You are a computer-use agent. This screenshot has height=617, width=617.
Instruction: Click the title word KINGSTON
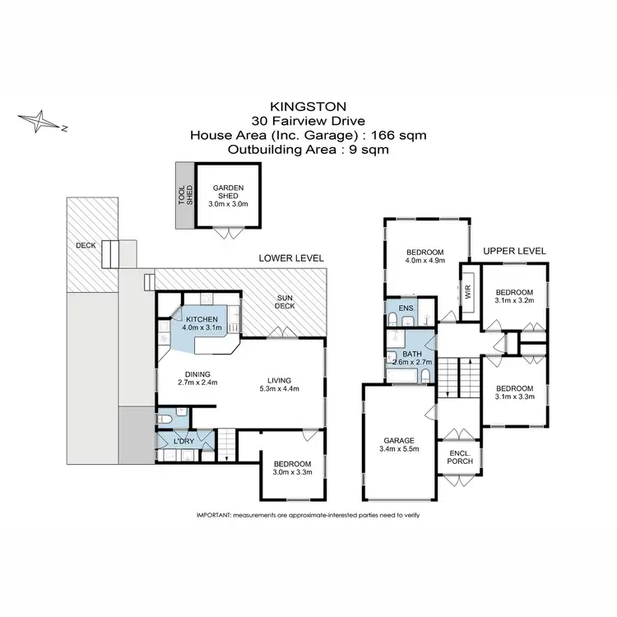pyautogui.click(x=308, y=106)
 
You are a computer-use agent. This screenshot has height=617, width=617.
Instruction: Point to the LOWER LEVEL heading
pyautogui.click(x=291, y=257)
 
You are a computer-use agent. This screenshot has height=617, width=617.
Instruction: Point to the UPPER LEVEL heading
pyautogui.click(x=514, y=251)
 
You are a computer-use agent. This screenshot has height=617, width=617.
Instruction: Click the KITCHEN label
pyautogui.click(x=202, y=319)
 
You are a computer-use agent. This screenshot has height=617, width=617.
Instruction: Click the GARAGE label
pyautogui.click(x=397, y=440)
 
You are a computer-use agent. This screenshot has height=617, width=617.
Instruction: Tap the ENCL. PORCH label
pyautogui.click(x=458, y=458)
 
